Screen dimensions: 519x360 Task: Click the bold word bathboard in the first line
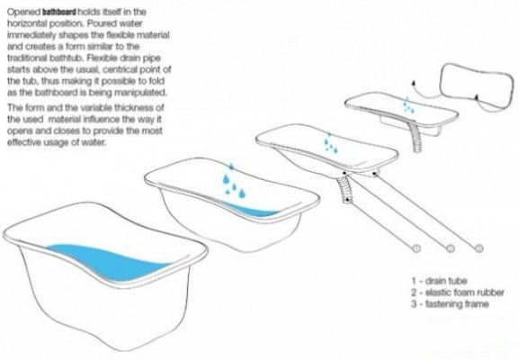point(59,13)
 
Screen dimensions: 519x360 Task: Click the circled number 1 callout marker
point(416,248)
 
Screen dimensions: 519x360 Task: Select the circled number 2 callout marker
point(450,248)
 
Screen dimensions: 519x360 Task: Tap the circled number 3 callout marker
point(479,248)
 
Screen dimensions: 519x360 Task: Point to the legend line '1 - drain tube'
point(439,281)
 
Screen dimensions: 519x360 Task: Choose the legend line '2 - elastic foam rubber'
point(458,292)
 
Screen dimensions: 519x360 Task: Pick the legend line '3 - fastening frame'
point(450,303)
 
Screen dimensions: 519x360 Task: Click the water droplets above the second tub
point(233,181)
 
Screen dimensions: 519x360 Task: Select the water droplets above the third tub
point(330,143)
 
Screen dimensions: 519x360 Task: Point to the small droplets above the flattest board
point(407,105)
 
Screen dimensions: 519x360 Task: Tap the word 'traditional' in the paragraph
point(27,58)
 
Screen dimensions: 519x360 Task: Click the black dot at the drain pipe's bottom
point(347,200)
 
